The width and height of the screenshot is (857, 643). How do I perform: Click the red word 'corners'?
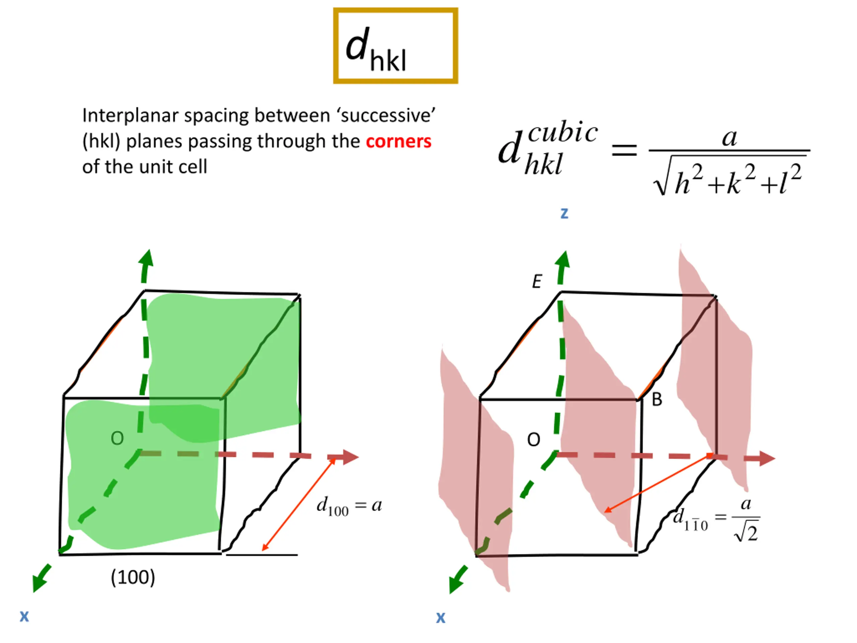(398, 141)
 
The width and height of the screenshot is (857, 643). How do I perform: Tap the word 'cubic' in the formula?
(562, 133)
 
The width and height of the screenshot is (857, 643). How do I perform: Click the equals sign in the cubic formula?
(624, 150)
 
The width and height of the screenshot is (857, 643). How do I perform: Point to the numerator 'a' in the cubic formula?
(729, 137)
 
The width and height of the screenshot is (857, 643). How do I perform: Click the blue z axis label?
(564, 213)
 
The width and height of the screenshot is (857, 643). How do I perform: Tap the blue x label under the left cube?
(24, 616)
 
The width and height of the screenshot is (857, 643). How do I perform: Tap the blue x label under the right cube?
(441, 617)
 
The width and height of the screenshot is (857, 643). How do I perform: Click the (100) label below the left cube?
(133, 577)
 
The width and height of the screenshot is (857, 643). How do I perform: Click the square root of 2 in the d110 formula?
(746, 533)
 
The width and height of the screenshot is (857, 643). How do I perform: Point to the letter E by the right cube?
(537, 281)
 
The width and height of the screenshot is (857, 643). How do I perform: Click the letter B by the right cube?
(657, 400)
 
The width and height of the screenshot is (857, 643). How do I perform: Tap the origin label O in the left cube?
(117, 438)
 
